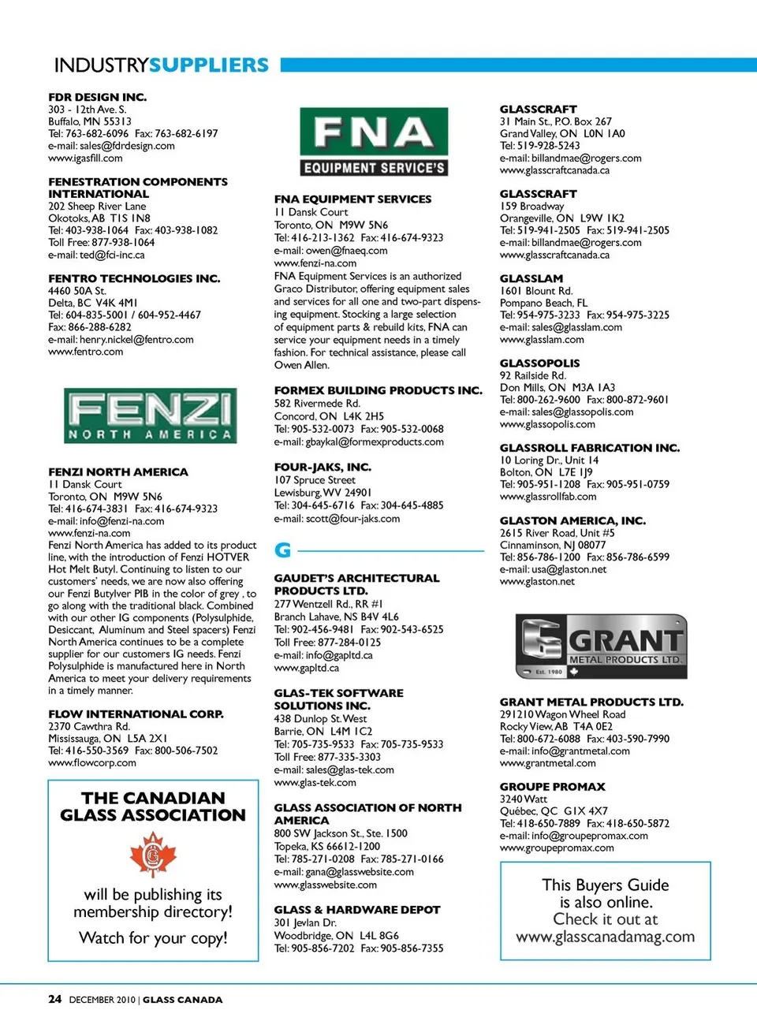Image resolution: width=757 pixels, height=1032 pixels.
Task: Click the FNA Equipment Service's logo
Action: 374,142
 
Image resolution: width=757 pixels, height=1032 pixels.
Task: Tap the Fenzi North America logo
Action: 150,415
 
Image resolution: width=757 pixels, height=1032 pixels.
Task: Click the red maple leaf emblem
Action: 153,855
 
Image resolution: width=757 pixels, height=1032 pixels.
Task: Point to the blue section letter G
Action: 282,550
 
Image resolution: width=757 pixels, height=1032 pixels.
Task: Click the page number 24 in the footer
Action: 54,999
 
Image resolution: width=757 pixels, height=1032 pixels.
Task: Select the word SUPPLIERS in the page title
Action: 209,65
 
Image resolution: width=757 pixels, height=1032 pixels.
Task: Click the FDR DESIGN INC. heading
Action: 97,97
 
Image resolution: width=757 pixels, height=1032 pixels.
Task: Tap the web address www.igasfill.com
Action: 85,158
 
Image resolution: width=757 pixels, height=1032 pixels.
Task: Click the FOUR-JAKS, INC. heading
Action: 323,467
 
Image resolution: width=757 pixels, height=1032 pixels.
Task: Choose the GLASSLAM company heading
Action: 531,278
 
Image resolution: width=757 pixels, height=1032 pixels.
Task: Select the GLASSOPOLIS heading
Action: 539,363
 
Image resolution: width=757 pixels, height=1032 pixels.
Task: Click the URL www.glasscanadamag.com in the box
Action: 605,937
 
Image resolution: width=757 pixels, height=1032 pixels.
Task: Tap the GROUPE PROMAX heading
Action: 552,786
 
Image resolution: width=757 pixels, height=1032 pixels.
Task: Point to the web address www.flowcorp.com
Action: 92,763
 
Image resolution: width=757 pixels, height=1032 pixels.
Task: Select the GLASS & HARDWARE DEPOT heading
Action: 356,909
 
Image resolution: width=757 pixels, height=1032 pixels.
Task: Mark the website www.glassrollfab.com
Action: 548,497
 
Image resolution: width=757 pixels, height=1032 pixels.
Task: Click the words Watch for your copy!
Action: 153,938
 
